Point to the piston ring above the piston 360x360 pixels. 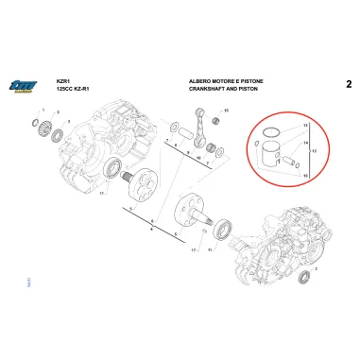tap(269, 131)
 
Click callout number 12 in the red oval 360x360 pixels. tap(312, 151)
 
